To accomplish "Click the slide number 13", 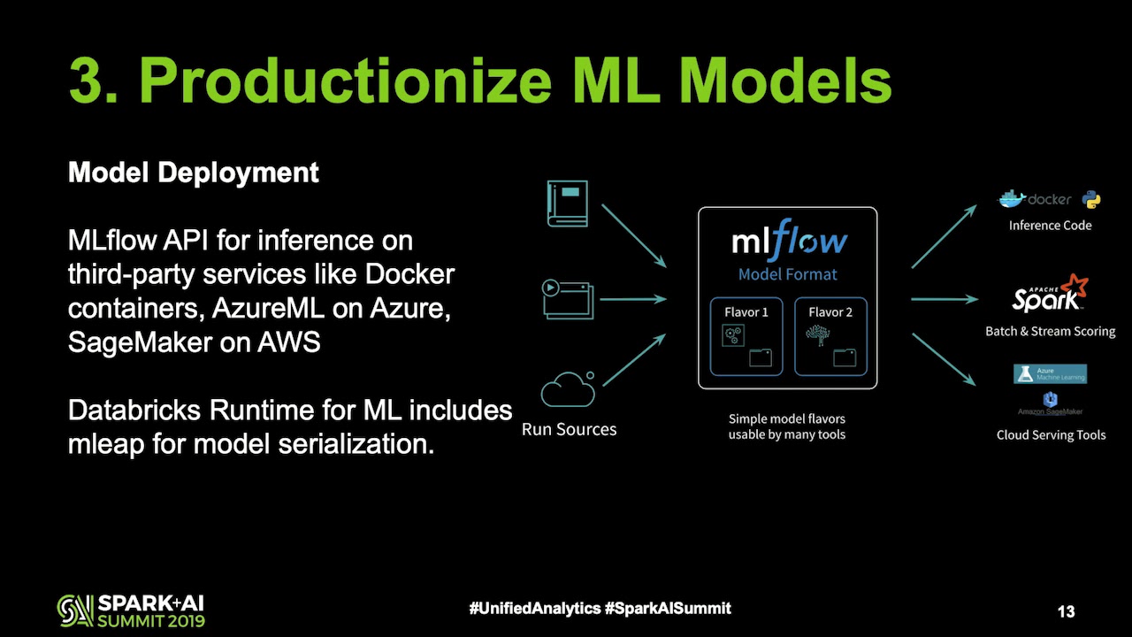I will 1066,611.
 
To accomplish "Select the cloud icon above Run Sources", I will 568,388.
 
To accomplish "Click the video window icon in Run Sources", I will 567,299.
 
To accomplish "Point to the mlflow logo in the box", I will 790,242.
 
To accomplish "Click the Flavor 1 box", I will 746,336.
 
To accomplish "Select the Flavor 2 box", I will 830,336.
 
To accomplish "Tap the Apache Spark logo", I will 1050,294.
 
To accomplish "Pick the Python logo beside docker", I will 1091,199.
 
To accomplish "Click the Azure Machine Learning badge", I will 1050,373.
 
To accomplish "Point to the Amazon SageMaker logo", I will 1050,404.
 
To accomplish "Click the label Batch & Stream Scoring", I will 1050,331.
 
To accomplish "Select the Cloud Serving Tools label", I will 1051,434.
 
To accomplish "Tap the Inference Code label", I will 1050,226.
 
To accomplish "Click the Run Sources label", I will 569,430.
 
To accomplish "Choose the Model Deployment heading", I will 194,173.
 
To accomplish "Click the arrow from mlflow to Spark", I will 944,300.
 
